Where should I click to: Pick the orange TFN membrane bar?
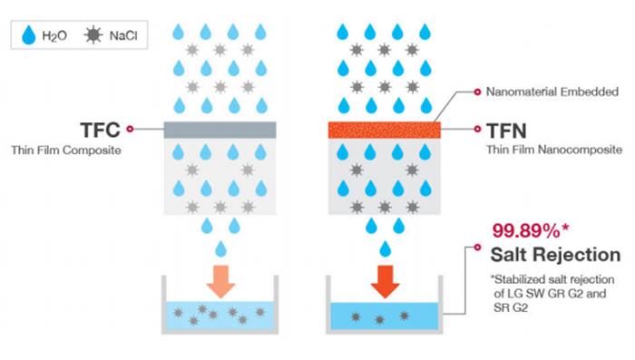[385, 130]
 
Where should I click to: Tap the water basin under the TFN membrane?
[385, 316]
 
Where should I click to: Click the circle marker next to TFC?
[131, 130]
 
